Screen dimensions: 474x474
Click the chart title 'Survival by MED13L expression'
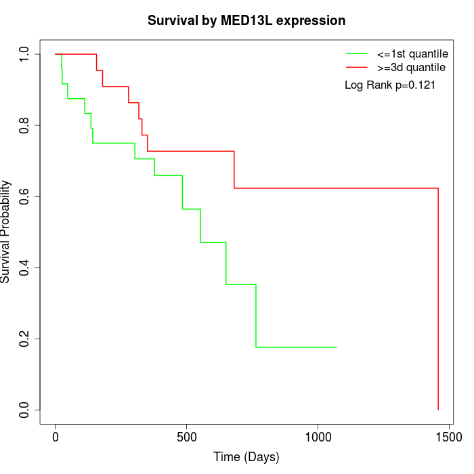(x=246, y=20)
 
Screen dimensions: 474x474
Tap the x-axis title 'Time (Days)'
(x=246, y=457)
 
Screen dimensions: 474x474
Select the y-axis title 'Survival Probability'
(x=6, y=232)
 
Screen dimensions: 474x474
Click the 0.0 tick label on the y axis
(x=25, y=410)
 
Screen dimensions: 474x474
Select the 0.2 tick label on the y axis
(x=25, y=339)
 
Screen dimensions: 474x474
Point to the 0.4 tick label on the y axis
(x=25, y=267)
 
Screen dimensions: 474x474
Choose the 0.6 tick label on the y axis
(x=25, y=196)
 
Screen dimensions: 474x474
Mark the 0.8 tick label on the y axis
(x=25, y=125)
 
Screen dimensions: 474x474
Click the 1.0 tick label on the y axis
(x=25, y=54)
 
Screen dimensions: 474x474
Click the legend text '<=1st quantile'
(x=412, y=53)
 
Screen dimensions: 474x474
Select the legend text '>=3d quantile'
(x=411, y=68)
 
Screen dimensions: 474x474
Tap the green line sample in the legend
(x=357, y=53)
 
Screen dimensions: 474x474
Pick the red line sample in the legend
(x=357, y=68)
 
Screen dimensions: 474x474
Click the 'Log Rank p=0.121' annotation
(x=390, y=85)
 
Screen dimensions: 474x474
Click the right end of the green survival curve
(x=337, y=347)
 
